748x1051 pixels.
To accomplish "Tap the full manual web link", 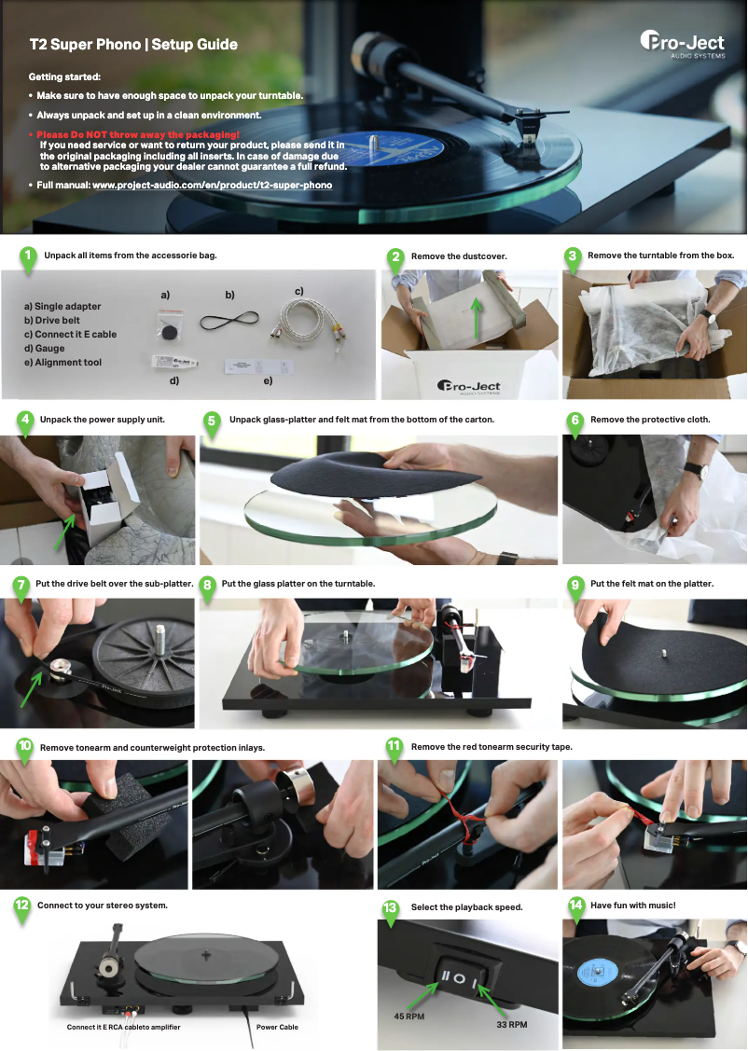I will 212,185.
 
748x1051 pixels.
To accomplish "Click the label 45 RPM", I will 409,1016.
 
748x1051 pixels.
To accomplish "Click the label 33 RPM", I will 511,1024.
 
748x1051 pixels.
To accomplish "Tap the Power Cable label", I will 277,1027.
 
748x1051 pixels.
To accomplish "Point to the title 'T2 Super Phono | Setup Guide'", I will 133,45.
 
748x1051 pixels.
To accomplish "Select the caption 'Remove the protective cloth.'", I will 650,420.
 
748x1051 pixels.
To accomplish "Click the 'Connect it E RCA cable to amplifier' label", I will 123,1027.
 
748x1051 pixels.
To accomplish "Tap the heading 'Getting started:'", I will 64,76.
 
